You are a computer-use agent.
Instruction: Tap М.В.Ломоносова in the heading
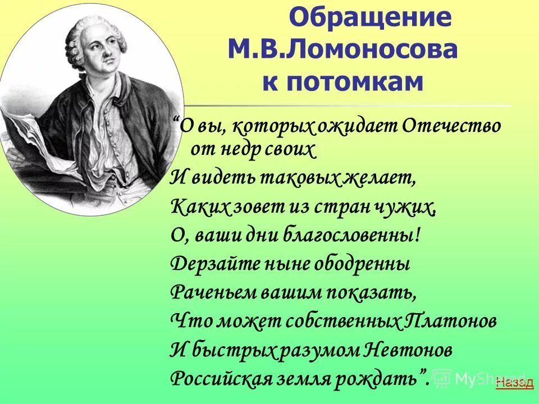pyautogui.click(x=342, y=50)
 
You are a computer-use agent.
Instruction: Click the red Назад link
pyautogui.click(x=515, y=383)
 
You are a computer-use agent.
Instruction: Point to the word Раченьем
pyautogui.click(x=209, y=292)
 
